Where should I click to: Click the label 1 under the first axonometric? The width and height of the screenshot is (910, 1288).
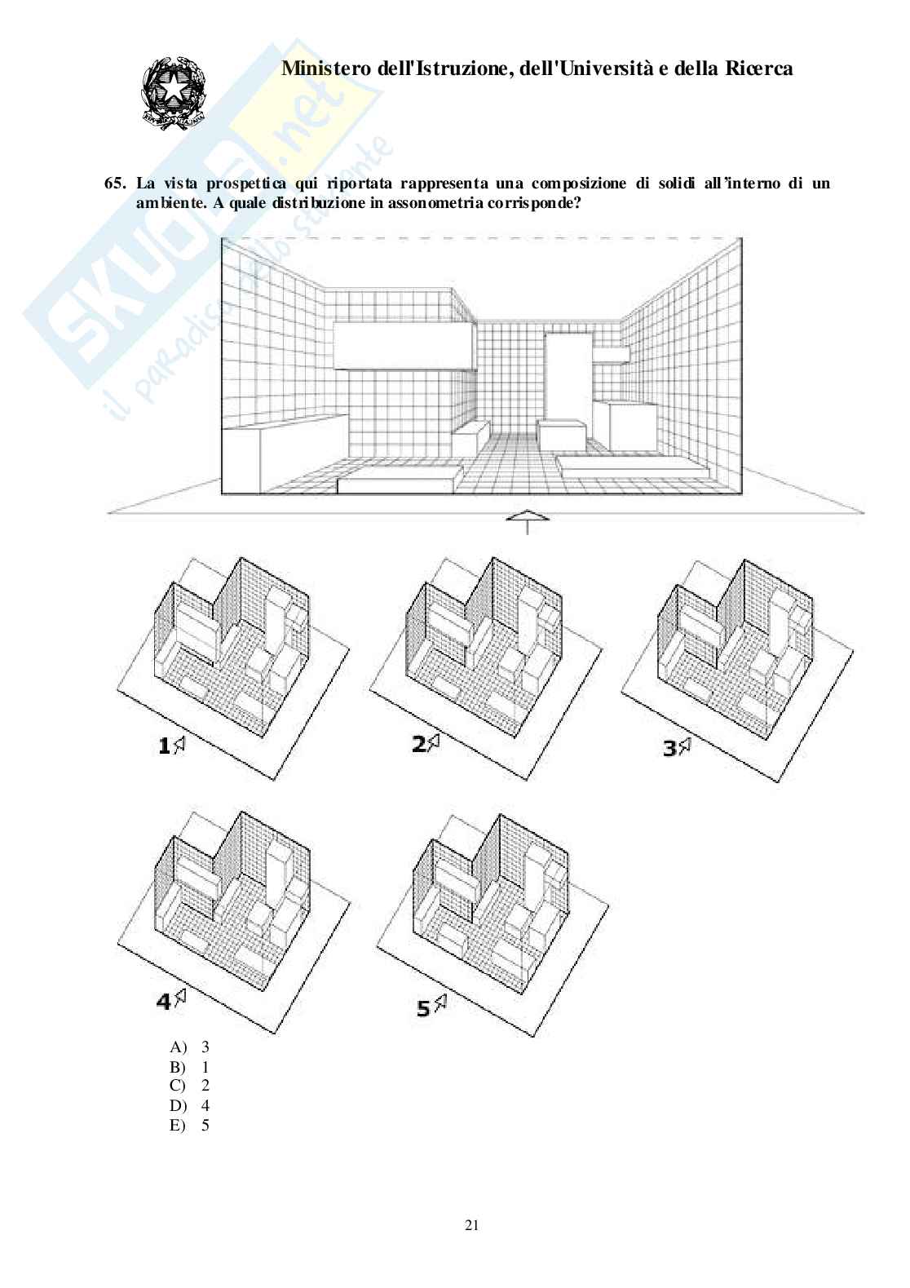click(x=164, y=744)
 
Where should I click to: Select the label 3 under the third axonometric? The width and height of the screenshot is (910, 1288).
click(x=669, y=747)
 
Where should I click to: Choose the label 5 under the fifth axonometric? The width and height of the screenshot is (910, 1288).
click(x=423, y=1008)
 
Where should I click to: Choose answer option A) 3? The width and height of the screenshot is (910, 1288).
click(x=190, y=1047)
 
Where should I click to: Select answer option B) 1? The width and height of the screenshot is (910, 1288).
click(x=190, y=1067)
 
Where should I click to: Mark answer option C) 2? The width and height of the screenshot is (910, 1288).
click(x=190, y=1087)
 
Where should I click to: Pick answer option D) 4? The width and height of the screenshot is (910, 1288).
click(x=190, y=1106)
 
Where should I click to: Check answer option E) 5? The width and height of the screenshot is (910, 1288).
click(x=190, y=1126)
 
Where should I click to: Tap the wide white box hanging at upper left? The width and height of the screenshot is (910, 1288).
click(x=404, y=346)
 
